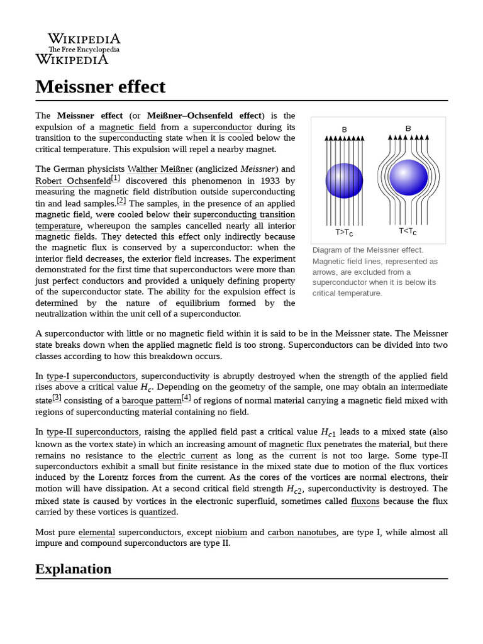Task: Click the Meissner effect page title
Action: click(100, 86)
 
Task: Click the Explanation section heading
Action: click(73, 569)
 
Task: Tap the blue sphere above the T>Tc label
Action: click(344, 180)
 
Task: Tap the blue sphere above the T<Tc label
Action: click(408, 178)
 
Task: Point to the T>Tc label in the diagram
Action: click(343, 233)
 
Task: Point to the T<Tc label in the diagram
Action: click(408, 231)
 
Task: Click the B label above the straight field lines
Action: click(344, 130)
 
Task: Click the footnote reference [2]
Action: click(121, 201)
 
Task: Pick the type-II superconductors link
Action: click(92, 432)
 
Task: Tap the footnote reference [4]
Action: click(186, 398)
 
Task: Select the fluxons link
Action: click(365, 501)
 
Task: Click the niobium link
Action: click(231, 532)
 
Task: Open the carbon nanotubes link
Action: click(302, 532)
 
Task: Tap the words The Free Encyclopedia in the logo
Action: click(84, 50)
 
